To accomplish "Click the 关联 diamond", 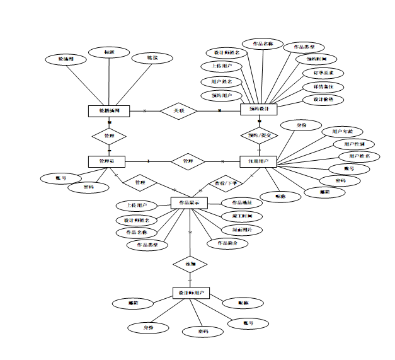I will (x=179, y=111).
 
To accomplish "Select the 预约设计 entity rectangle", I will (x=259, y=109).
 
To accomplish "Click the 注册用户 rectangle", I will (x=258, y=161).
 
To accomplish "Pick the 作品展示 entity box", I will (x=190, y=203).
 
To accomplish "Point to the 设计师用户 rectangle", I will (x=191, y=293).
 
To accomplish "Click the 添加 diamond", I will (x=190, y=263).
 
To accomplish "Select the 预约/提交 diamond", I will (x=259, y=136).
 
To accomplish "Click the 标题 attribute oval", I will (x=108, y=52).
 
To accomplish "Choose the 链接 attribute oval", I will (x=152, y=58).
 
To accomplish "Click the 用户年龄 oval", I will (x=339, y=132).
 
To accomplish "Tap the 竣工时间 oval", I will (x=242, y=216).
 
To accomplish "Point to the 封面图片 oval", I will (x=243, y=230).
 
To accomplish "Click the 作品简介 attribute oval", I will (x=227, y=243).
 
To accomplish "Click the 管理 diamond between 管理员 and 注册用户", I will (x=188, y=161).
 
